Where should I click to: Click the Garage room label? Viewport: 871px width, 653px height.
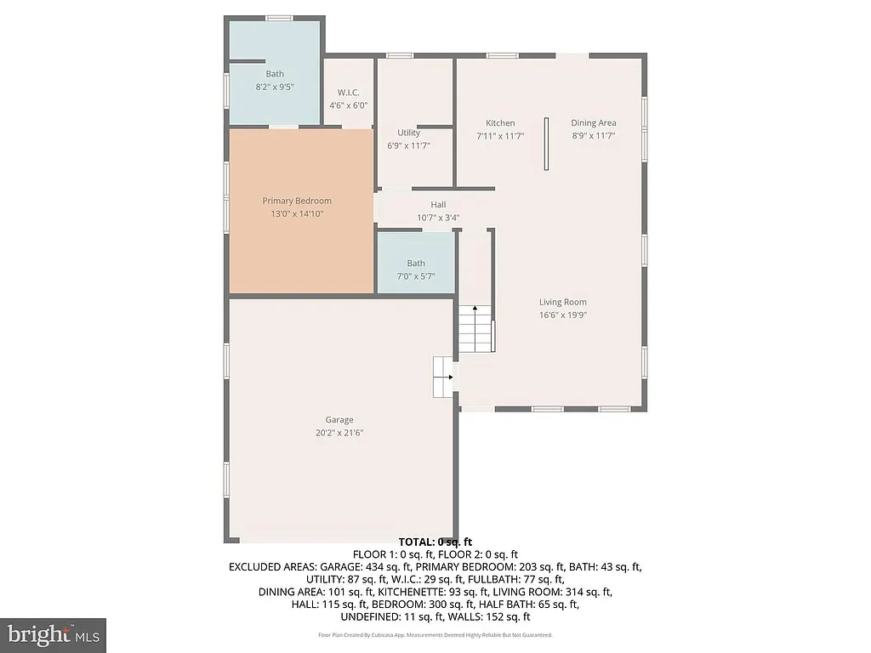(339, 420)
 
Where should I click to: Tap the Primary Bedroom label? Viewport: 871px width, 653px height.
(296, 201)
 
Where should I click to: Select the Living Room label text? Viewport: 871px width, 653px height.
(562, 302)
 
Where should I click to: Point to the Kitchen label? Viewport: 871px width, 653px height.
(499, 123)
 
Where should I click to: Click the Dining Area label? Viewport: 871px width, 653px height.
(593, 123)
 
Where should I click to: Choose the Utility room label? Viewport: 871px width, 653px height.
(408, 133)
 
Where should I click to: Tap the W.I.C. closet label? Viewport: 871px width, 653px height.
(348, 93)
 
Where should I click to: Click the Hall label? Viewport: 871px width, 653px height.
(438, 205)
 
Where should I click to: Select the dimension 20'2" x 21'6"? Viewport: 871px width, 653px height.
(339, 433)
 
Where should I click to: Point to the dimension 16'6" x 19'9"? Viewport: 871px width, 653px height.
(562, 315)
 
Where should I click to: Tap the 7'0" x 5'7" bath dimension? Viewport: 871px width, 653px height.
(415, 275)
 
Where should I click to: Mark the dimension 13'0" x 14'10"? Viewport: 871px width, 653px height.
(296, 213)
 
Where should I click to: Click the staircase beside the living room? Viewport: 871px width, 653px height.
(476, 329)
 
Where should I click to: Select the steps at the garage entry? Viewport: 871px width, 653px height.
(443, 377)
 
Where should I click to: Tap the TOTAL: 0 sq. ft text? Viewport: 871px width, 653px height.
(435, 542)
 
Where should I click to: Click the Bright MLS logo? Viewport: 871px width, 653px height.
(53, 634)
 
